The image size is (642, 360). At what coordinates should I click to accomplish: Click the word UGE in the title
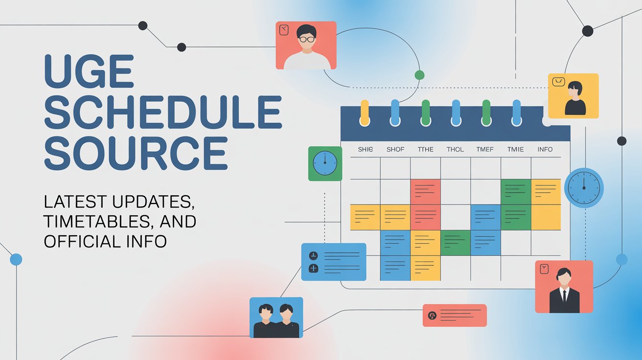tap(89, 71)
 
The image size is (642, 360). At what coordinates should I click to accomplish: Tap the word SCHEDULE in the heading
tap(162, 112)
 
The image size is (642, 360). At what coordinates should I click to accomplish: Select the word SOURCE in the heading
tap(136, 153)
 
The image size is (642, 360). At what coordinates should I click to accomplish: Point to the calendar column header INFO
tap(545, 149)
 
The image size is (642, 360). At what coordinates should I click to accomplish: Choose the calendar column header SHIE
tap(365, 149)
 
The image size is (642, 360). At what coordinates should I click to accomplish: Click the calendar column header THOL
tap(455, 149)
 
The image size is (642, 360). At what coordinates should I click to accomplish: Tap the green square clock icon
tap(325, 163)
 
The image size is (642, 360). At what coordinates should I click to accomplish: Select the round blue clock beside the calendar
tap(584, 187)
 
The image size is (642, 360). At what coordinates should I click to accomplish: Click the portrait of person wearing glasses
tap(306, 45)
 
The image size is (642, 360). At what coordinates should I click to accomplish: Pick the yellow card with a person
tap(573, 96)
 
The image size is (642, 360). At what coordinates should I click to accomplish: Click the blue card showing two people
tap(276, 317)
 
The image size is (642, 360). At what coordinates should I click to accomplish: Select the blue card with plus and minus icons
tap(334, 262)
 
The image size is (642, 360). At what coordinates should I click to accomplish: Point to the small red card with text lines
tap(455, 315)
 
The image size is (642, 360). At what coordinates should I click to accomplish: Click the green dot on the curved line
tap(419, 75)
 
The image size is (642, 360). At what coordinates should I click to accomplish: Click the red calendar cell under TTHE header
tap(425, 192)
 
